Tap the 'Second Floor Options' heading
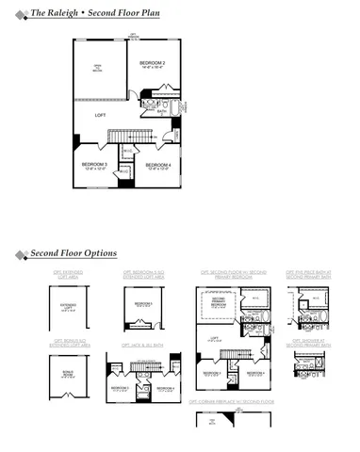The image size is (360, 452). pos(74,253)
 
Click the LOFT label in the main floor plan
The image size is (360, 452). pos(100,115)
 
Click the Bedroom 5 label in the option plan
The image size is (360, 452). pos(144,304)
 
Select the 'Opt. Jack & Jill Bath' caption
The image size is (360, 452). pos(143,346)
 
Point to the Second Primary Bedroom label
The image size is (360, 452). pos(219,304)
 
